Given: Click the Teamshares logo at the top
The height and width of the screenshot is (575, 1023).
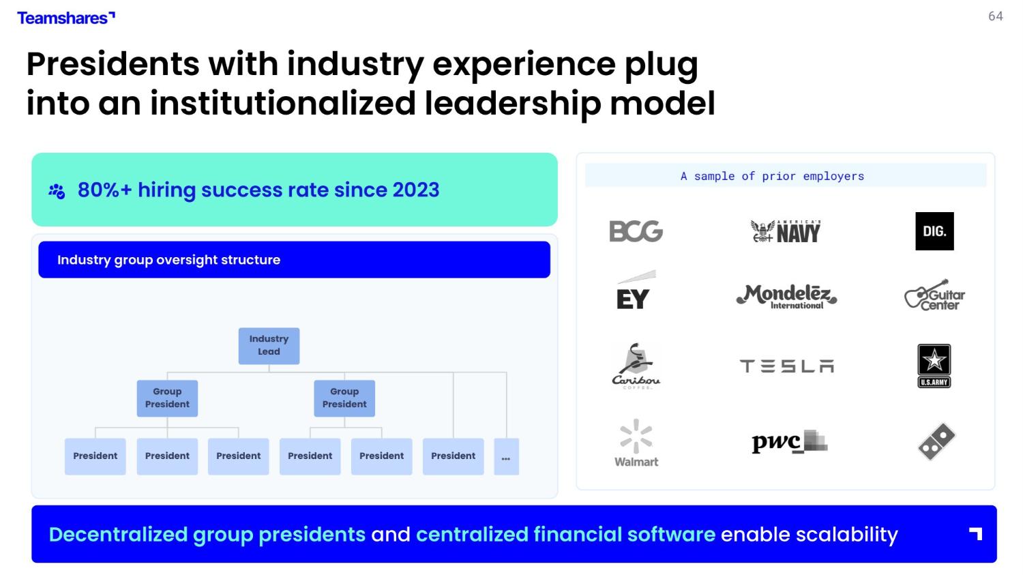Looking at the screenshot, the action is click(x=66, y=18).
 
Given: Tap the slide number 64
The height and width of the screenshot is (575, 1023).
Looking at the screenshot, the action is click(x=996, y=16).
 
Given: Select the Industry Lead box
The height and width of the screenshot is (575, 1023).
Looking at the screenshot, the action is click(x=269, y=346).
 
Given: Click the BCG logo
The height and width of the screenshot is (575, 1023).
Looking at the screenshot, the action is click(x=636, y=231).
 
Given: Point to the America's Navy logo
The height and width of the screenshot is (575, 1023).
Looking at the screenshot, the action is click(x=786, y=231).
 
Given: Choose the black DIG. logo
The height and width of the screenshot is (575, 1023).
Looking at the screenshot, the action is click(x=934, y=231).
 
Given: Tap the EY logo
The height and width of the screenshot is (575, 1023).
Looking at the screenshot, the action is click(x=636, y=290).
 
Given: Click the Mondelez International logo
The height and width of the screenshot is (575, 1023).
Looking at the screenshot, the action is click(x=786, y=296).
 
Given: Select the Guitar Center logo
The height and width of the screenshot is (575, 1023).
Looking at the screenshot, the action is click(x=934, y=295).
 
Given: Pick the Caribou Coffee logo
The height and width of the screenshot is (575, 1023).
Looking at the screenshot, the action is click(x=636, y=366).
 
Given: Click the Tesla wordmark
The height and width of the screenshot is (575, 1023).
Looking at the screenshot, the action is click(x=786, y=366).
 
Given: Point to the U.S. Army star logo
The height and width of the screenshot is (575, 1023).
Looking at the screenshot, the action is click(x=934, y=366).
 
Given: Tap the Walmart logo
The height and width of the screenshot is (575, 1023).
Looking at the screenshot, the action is click(x=636, y=443).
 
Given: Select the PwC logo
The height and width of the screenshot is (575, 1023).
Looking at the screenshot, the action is click(x=789, y=441).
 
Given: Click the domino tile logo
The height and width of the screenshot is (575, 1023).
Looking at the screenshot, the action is click(x=936, y=441).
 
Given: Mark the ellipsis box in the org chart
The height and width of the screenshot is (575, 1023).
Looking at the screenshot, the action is click(x=506, y=456).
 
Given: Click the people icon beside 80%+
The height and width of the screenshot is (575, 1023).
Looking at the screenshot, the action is click(x=57, y=191).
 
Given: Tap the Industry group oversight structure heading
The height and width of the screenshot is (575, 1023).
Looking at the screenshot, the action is click(x=168, y=260).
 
